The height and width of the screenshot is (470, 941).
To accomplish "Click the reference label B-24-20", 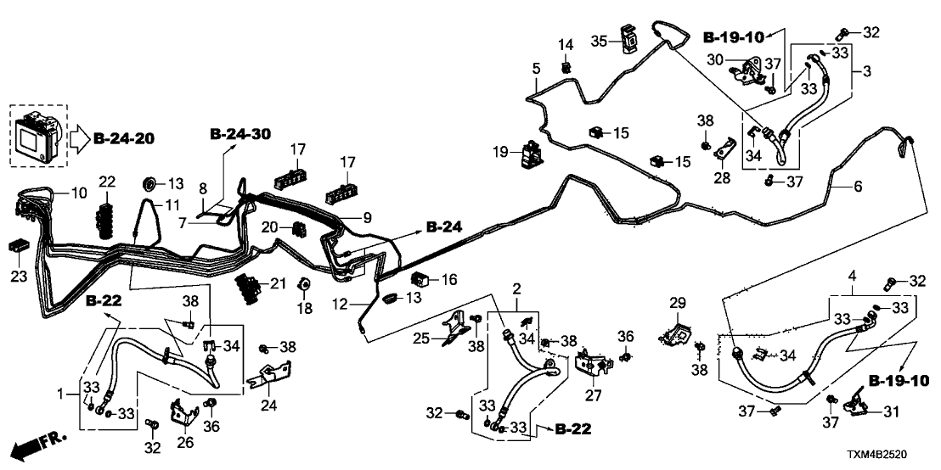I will [128, 137].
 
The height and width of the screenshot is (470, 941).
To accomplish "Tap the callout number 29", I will [676, 304].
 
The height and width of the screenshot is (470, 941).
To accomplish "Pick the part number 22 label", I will [106, 182].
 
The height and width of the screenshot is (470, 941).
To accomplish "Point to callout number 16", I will [448, 279].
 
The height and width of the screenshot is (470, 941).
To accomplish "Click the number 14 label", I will [566, 44].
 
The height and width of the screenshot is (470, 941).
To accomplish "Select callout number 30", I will [716, 60].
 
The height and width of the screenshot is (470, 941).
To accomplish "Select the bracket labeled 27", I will [594, 366].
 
